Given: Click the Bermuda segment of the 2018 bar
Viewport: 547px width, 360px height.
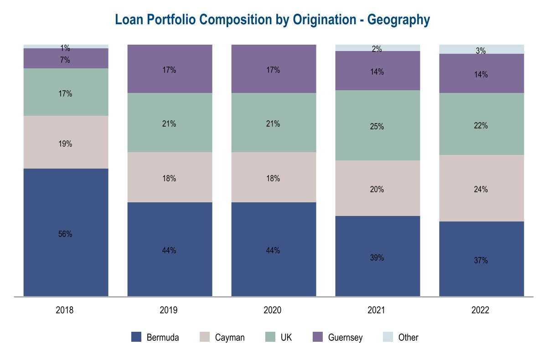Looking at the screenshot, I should coord(66,264).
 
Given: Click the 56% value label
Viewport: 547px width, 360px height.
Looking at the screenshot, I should coord(65,234).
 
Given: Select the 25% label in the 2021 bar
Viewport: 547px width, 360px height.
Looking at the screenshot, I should coord(377,127).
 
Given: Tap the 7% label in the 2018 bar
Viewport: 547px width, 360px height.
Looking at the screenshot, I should coord(65,60).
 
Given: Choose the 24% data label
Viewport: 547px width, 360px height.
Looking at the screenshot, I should coord(480,190).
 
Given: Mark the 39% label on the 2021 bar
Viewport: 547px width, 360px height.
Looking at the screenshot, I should coord(377,257).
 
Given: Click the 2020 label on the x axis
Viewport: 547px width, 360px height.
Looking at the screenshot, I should coord(273,310).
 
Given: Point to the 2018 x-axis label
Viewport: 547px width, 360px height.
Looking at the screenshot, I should coord(65,310).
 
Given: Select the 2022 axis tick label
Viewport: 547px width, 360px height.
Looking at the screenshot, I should coord(480,310).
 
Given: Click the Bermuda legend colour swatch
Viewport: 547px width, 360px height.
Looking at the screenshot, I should coord(136,337).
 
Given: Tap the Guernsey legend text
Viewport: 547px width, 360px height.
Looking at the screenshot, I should coord(346,338).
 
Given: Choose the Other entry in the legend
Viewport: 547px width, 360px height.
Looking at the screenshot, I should coord(408,338).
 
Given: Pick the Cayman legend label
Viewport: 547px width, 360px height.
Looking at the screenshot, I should coord(230,338).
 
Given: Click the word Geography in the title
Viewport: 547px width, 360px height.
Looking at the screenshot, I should coord(399,20).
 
